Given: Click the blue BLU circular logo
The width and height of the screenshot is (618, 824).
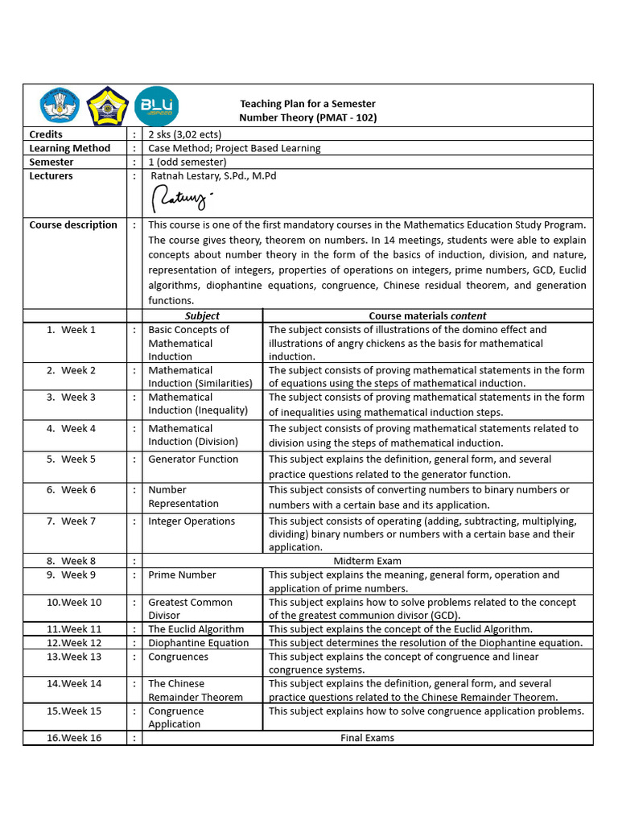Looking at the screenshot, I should point(157,106).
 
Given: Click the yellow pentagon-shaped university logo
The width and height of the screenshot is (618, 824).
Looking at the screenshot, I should point(108,106).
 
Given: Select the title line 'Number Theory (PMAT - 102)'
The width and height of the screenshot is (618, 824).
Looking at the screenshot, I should point(308,117).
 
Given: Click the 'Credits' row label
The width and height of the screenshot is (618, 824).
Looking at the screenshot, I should point(46,134).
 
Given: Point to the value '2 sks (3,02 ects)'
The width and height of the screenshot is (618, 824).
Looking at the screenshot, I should point(185,134).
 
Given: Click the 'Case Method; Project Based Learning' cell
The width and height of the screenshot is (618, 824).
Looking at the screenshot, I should point(234,148).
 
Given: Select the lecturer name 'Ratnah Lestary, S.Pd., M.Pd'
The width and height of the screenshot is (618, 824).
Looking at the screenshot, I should point(213,175).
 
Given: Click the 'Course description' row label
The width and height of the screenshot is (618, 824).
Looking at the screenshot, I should point(73,225).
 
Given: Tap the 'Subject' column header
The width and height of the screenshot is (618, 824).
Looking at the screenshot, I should point(202,316).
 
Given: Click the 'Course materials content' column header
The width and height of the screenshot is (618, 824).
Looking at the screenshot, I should point(427,316).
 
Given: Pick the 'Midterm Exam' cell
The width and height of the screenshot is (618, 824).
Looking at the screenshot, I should point(367,561).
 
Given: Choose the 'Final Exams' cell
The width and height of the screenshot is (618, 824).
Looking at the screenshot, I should point(367,738).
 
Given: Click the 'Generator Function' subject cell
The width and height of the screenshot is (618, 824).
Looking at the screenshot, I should point(193,459).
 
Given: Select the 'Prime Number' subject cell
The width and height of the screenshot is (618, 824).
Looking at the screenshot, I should point(182,575).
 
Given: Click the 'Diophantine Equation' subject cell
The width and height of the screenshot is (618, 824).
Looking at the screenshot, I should point(198,643).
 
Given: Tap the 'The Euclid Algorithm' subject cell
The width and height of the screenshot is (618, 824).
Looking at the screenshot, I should point(196,629).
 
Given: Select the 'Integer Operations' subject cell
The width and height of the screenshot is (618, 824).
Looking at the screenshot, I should point(192,521).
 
